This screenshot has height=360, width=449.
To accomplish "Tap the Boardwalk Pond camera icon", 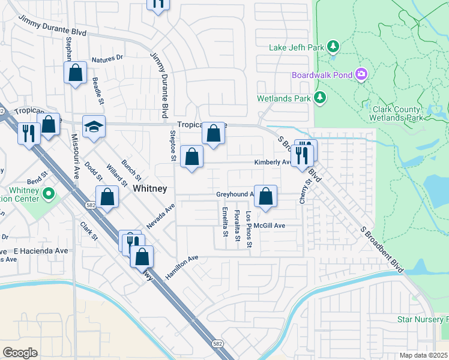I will pos(361,75).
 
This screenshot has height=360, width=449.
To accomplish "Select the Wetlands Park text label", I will pos(283,98).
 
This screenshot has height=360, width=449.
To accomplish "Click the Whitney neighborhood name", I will pos(149,188).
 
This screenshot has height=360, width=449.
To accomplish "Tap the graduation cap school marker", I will pos(94,127).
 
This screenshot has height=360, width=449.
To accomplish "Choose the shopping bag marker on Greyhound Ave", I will pos(266,196).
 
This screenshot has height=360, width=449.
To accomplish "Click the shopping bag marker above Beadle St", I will pos(76,74).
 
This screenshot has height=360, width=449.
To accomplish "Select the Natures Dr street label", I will pos(107,59).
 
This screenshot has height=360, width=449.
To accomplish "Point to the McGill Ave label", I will pos(268,226).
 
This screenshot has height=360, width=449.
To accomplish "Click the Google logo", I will pos(20,352).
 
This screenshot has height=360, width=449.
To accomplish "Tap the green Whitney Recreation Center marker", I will pos(49,194).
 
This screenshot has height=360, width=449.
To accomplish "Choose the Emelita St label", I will pos(224,222).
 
